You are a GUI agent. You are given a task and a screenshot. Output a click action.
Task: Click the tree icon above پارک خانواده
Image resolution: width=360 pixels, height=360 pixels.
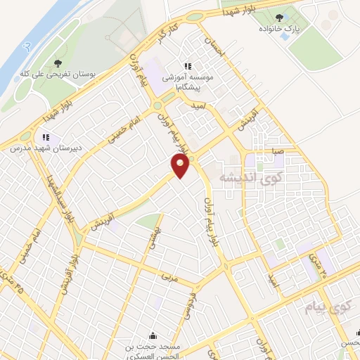[x=280, y=16]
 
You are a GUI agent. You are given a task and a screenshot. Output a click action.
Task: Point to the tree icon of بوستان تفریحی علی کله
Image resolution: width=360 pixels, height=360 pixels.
[x=57, y=62]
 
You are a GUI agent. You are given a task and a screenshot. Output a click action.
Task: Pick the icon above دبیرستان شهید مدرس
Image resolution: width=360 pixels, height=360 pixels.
[x=46, y=137]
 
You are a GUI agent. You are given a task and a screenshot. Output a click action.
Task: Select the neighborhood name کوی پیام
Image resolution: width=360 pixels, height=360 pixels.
[x=326, y=307]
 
